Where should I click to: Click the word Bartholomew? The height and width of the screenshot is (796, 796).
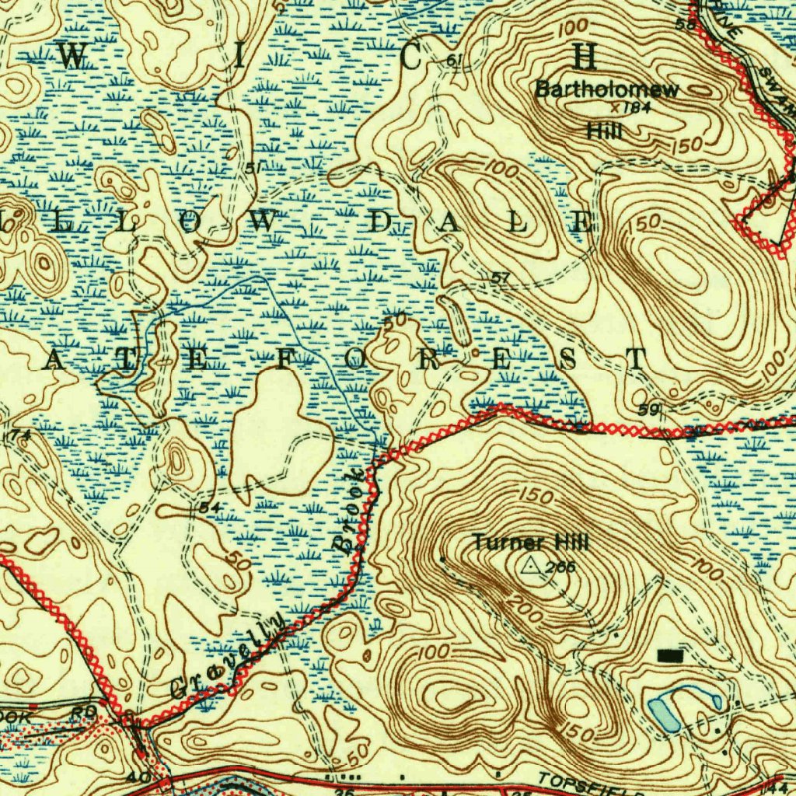(x=606, y=89)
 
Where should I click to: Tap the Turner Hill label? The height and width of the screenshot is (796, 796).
(x=531, y=542)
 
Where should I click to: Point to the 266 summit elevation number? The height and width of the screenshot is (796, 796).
(x=560, y=567)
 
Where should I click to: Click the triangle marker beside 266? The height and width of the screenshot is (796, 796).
(x=532, y=566)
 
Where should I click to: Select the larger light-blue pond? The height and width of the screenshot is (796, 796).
(x=663, y=713)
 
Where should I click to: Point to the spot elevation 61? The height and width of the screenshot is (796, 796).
(x=456, y=61)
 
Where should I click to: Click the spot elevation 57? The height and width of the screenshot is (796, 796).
(x=501, y=278)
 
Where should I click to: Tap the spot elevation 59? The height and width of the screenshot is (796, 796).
(x=647, y=409)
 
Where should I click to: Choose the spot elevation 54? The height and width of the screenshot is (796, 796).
(x=208, y=507)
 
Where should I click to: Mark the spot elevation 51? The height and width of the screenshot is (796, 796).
(x=252, y=168)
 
